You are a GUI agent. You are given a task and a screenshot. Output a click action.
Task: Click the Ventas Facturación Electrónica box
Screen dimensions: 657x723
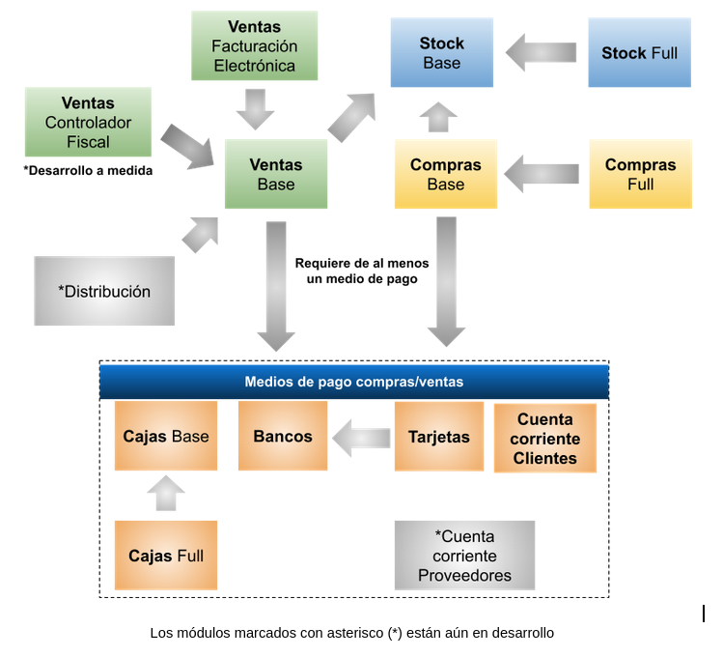tap(255, 45)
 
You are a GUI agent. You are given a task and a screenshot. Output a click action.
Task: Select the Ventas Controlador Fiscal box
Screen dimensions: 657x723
tap(88, 122)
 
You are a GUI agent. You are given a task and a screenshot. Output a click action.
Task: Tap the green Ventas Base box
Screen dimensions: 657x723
tap(276, 174)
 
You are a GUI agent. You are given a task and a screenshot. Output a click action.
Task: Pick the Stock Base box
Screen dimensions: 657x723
tap(441, 53)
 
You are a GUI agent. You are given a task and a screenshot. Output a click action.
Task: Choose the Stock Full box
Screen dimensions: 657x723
tap(639, 53)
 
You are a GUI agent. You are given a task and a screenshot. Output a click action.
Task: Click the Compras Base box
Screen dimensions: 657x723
tap(446, 174)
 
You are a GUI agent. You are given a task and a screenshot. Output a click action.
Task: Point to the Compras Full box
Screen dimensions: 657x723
tap(641, 174)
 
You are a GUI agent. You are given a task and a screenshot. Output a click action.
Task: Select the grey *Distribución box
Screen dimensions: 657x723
tap(104, 291)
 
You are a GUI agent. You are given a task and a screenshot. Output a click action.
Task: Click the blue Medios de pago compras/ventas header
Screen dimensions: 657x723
tap(354, 382)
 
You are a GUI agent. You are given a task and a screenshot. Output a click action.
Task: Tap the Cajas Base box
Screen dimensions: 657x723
tap(166, 437)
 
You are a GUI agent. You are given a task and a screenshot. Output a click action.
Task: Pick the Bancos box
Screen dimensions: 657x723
tap(283, 437)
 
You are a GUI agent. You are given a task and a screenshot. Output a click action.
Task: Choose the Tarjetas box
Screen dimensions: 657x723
tap(438, 437)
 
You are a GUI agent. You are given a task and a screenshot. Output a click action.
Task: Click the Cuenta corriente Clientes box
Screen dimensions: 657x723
tap(544, 439)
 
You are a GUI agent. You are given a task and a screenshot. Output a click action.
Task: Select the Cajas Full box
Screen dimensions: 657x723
tap(166, 556)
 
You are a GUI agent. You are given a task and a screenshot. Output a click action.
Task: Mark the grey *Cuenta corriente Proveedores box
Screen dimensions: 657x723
tap(464, 556)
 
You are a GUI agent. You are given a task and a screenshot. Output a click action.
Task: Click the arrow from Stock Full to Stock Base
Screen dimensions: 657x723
tap(542, 52)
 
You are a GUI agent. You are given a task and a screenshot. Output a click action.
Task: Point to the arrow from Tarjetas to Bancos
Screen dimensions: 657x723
tap(362, 438)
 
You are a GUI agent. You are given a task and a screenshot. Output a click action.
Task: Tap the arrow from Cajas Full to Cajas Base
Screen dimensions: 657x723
tap(166, 494)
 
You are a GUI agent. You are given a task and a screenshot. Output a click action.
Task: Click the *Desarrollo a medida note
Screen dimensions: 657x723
tap(88, 170)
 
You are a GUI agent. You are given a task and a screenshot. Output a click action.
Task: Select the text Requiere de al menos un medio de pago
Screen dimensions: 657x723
tap(362, 271)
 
